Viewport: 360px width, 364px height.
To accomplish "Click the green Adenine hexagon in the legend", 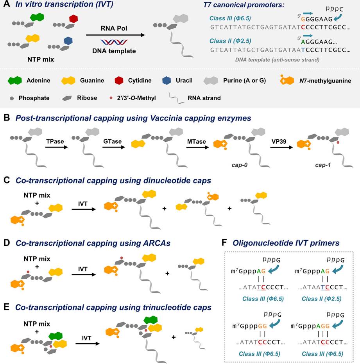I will [x=14, y=81].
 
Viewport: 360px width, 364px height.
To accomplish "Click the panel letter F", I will [x=224, y=243].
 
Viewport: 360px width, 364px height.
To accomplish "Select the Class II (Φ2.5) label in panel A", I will [x=230, y=41].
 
